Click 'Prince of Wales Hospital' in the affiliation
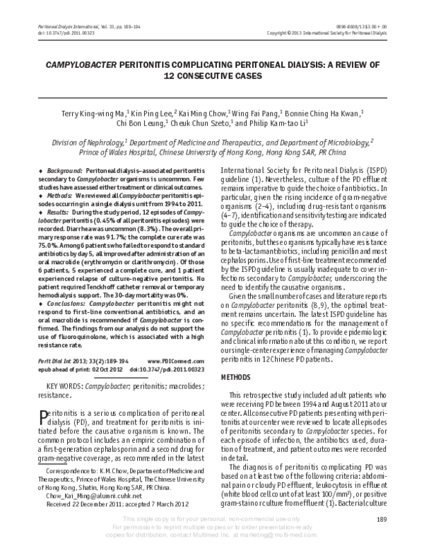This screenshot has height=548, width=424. click(128, 150)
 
